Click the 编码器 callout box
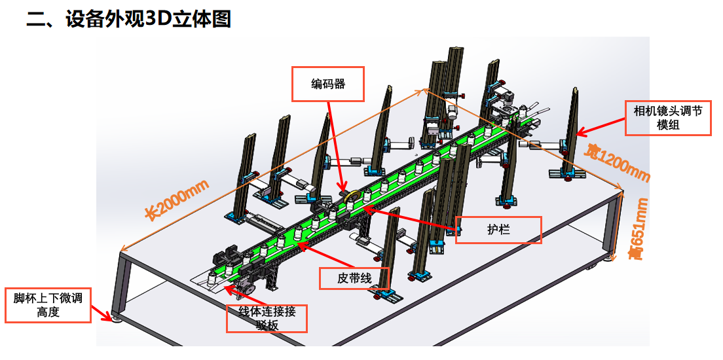pos(327,84)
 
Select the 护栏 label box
pos(498,230)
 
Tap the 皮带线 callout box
pos(354,278)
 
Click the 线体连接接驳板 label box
pos(266,318)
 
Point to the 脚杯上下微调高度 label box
pos(48,305)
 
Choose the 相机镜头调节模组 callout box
pos(668,118)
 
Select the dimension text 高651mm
pos(639,229)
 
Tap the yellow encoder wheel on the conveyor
pos(353,194)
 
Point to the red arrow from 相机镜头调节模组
pos(599,126)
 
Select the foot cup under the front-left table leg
pos(117,319)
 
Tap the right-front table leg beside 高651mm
pos(617,226)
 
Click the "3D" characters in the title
pos(157,19)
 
